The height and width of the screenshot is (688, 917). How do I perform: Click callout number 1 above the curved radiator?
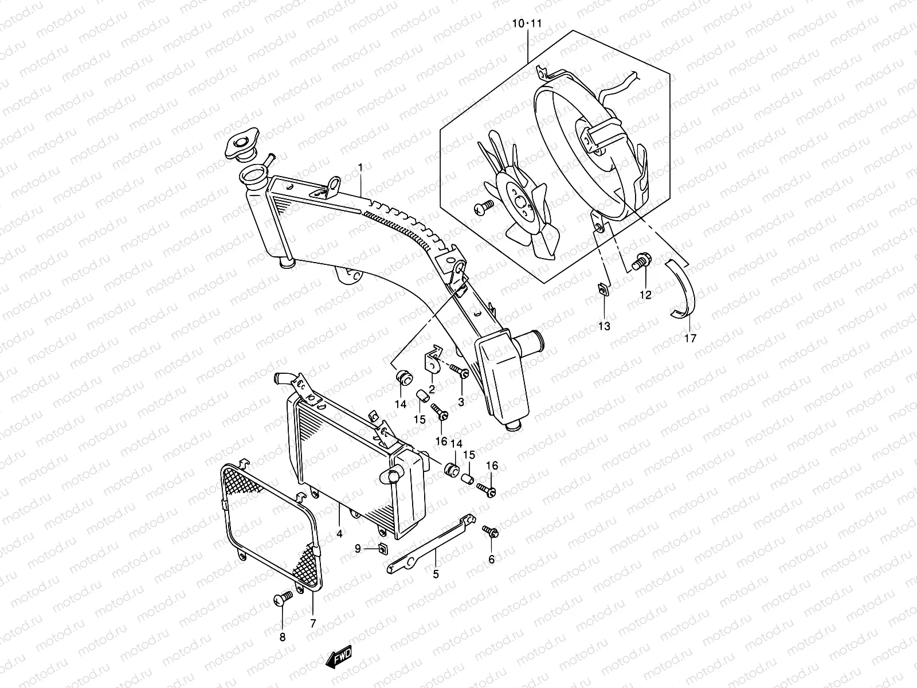point(360,167)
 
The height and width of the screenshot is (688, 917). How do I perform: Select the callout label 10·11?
point(527,24)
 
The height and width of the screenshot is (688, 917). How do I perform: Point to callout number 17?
point(690,338)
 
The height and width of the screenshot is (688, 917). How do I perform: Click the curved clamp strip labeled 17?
point(684,290)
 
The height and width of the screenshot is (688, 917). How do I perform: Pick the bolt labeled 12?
point(641,263)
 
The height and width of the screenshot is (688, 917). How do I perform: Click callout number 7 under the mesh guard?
point(313,622)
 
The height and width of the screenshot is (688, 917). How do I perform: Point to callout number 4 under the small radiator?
point(339,533)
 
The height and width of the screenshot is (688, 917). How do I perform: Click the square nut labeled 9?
point(382,549)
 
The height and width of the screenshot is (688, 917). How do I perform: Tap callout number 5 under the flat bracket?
point(436,573)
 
